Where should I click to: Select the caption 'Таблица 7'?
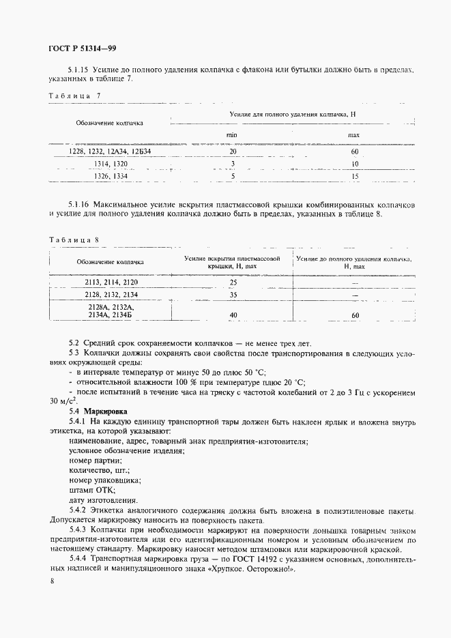(75, 96)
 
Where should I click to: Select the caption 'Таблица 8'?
(75, 240)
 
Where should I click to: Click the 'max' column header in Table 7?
(354, 135)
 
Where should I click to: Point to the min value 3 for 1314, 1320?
(233, 164)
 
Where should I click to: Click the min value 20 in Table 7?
(233, 152)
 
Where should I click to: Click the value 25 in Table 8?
(233, 282)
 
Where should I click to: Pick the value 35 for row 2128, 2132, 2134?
(233, 295)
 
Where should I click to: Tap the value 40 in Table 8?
(233, 315)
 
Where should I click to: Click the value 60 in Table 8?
(355, 315)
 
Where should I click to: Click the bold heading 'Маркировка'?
(104, 411)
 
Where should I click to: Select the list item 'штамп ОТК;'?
(92, 490)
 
